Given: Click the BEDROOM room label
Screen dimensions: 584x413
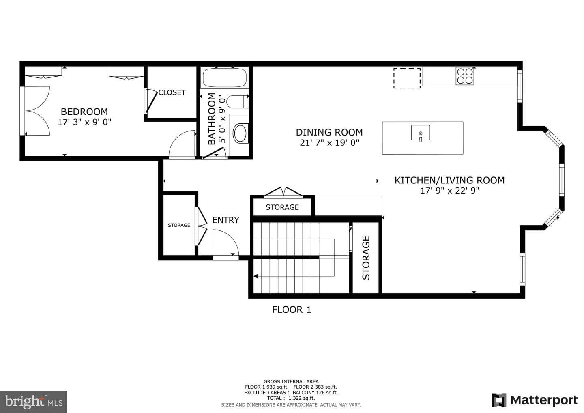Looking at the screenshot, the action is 84,112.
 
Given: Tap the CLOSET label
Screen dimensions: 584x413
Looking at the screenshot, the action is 172,92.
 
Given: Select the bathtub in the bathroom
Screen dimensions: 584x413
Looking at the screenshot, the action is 225,78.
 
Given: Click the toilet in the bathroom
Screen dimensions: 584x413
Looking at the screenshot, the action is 238,101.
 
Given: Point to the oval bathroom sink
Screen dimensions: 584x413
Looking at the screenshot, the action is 240,133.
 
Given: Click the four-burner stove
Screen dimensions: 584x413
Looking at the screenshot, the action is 465,76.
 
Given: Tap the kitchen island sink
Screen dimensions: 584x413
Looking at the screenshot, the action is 421,133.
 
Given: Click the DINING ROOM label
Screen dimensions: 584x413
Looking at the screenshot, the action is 329,132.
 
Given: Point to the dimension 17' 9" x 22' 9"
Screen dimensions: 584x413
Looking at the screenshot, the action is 450,191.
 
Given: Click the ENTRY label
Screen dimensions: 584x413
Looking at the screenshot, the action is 225,220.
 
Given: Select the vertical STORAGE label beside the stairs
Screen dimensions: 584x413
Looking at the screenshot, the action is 366,258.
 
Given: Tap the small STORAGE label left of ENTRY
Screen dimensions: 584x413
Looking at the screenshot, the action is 179,225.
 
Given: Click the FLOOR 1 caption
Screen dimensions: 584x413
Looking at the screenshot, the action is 292,310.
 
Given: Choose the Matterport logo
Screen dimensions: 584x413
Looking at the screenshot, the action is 535,400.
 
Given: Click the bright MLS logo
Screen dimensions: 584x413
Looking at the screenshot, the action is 33,402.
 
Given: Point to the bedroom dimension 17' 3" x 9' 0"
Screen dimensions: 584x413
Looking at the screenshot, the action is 84,122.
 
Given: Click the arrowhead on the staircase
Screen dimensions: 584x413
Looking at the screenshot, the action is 256,276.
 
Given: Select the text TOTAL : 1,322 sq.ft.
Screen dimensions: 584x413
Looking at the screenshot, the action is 291,398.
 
